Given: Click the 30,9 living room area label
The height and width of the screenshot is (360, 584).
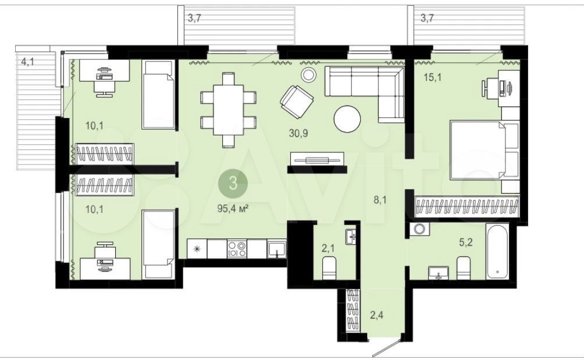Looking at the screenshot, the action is (x=298, y=133).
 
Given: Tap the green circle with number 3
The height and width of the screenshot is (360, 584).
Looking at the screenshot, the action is (x=233, y=183).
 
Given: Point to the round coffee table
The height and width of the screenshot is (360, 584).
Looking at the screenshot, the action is (x=347, y=119).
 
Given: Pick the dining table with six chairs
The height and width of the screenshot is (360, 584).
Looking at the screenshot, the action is (x=229, y=110).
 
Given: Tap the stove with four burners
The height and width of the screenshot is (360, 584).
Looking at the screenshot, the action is (x=237, y=249).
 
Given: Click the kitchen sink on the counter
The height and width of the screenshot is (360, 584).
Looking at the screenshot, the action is (x=276, y=249).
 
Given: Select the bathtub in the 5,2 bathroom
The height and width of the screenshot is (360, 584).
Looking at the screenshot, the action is (x=497, y=251).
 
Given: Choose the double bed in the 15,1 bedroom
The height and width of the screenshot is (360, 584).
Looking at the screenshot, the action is (x=484, y=149).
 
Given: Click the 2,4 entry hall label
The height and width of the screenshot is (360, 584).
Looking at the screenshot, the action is (x=376, y=316).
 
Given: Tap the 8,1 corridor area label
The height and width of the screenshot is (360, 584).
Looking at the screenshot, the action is (x=380, y=200).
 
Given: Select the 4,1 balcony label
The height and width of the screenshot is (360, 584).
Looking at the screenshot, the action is (x=27, y=62).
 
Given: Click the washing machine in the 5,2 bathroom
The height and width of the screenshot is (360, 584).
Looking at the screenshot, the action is (x=419, y=229).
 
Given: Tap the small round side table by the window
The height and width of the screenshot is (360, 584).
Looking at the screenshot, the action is (x=308, y=75).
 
